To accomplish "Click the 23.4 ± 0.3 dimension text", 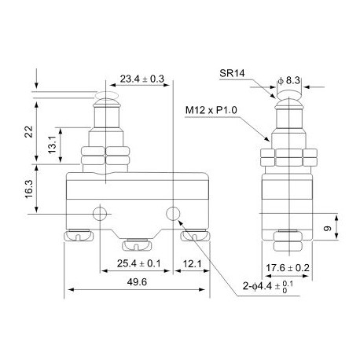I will point(141,79).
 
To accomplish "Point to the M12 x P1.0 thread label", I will point(211,111).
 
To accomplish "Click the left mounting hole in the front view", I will point(99,214).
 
